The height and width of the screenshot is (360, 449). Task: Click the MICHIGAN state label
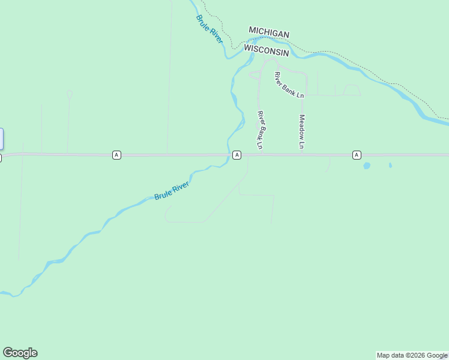pyautogui.click(x=269, y=34)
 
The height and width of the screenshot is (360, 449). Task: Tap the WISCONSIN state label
pyautogui.click(x=267, y=52)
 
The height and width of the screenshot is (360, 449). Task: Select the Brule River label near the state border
pyautogui.click(x=209, y=28)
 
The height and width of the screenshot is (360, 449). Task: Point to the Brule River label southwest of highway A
pyautogui.click(x=172, y=191)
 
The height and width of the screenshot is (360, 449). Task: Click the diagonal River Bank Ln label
pyautogui.click(x=289, y=85)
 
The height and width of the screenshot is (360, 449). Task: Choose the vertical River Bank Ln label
pyautogui.click(x=261, y=130)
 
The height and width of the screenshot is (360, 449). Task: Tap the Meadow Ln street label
pyautogui.click(x=302, y=131)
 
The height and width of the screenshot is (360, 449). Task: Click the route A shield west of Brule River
pyautogui.click(x=116, y=155)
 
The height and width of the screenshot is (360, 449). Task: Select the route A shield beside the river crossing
pyautogui.click(x=237, y=155)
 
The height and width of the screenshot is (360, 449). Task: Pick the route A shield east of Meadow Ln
pyautogui.click(x=357, y=155)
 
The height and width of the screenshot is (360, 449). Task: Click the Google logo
pyautogui.click(x=20, y=353)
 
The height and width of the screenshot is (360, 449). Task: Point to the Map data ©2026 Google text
pyautogui.click(x=412, y=355)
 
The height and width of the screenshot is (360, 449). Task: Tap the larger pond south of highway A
pyautogui.click(x=367, y=165)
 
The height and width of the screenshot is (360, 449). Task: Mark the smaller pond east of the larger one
pyautogui.click(x=390, y=164)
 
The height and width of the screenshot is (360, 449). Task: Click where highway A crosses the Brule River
pyautogui.click(x=229, y=155)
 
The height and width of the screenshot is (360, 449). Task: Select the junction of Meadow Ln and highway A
pyautogui.click(x=301, y=154)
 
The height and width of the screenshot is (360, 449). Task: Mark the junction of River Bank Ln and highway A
pyautogui.click(x=262, y=154)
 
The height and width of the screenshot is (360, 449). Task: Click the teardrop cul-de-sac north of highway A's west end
pyautogui.click(x=70, y=94)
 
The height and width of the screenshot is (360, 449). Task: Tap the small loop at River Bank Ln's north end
pyautogui.click(x=255, y=74)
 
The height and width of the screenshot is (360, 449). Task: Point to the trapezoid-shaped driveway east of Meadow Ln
pyautogui.click(x=351, y=90)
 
